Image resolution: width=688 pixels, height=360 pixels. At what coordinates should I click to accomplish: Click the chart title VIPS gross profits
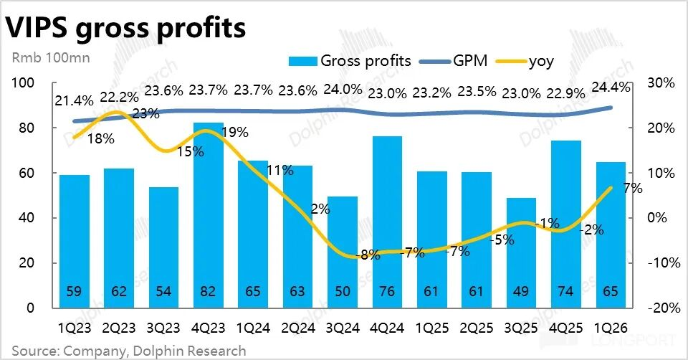point(125,28)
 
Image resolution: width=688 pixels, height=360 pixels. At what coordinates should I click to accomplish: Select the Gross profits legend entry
point(350,60)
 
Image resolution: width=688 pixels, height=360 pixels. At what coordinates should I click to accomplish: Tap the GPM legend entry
point(453,60)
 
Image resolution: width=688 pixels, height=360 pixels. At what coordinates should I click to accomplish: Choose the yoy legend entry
point(525,61)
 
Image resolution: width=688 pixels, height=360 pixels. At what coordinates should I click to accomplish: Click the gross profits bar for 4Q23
point(208,215)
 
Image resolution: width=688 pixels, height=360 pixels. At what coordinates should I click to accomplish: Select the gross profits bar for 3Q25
point(521,253)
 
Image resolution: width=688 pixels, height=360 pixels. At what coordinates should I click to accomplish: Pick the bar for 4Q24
point(387,222)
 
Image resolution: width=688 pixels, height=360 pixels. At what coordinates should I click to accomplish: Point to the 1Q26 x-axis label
point(611,328)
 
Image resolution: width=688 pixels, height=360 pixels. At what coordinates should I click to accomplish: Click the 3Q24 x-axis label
point(343,328)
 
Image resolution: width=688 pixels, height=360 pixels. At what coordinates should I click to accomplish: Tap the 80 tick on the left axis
point(26,128)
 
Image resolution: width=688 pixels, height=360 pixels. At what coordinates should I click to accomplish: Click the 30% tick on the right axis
point(661,82)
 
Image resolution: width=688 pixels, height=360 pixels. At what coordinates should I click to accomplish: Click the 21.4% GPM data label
point(74,100)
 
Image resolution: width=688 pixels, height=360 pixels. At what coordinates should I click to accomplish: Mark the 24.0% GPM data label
point(343,90)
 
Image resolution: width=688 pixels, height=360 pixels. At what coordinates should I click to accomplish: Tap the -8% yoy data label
point(368,255)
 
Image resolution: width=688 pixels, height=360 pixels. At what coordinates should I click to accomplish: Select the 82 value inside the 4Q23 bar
point(208,291)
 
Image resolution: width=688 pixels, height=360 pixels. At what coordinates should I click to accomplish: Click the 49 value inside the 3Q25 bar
point(521,291)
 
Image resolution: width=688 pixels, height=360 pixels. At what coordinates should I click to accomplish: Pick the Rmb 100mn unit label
point(51,58)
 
